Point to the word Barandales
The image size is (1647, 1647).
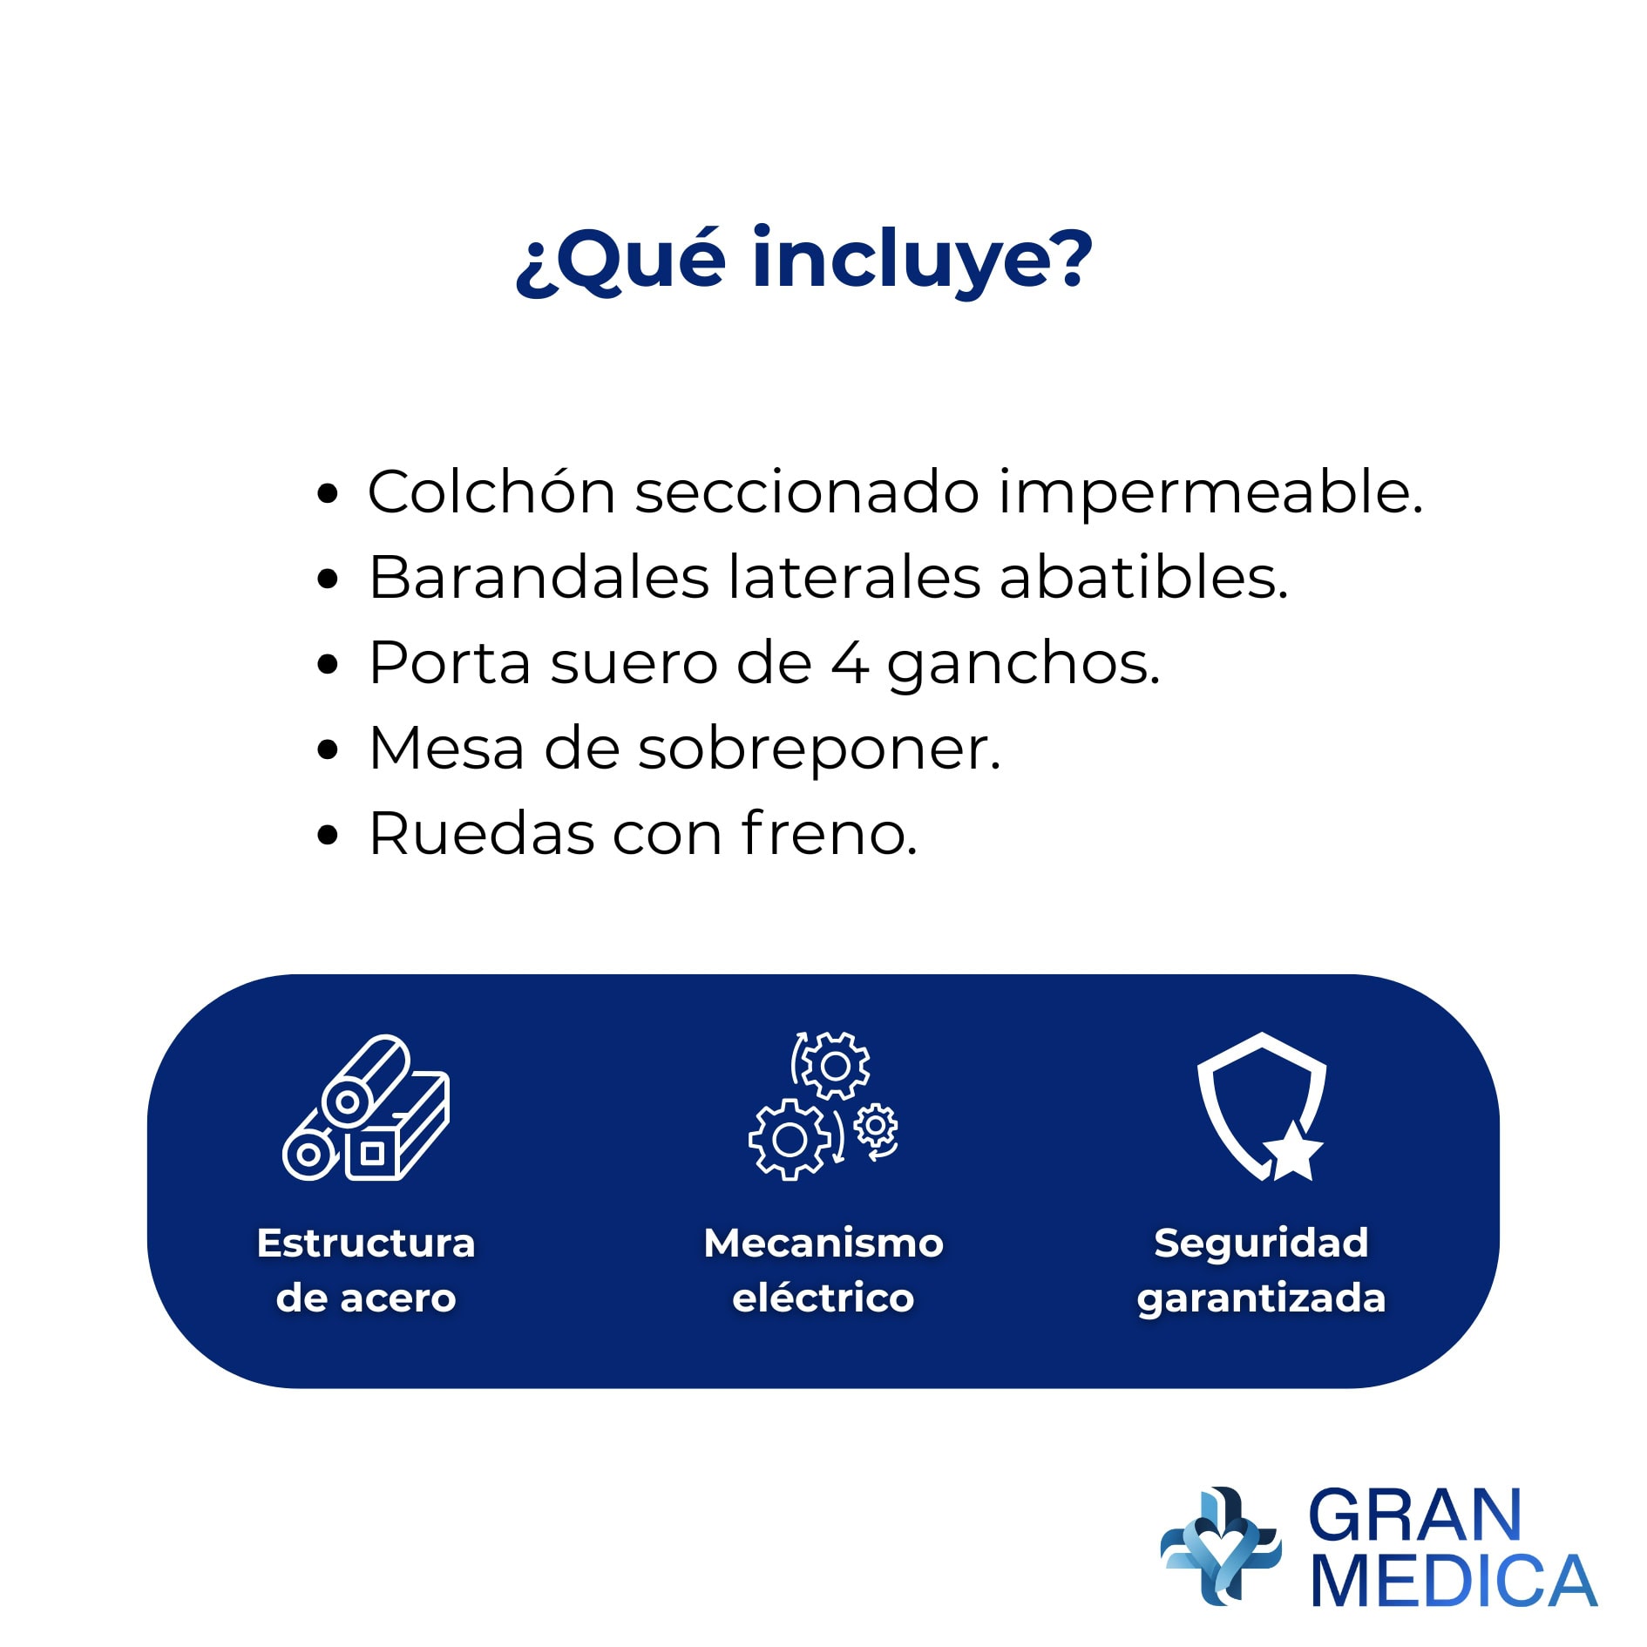(x=539, y=577)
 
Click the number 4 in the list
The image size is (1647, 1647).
(x=850, y=663)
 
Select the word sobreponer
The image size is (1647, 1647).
(x=819, y=750)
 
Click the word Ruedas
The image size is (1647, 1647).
(x=482, y=834)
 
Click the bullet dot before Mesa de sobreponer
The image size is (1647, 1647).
(x=328, y=749)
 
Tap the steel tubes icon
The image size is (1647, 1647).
(x=366, y=1108)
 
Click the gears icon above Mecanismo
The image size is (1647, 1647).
(x=823, y=1106)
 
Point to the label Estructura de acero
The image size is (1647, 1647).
(x=366, y=1270)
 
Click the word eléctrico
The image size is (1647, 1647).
(x=823, y=1298)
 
